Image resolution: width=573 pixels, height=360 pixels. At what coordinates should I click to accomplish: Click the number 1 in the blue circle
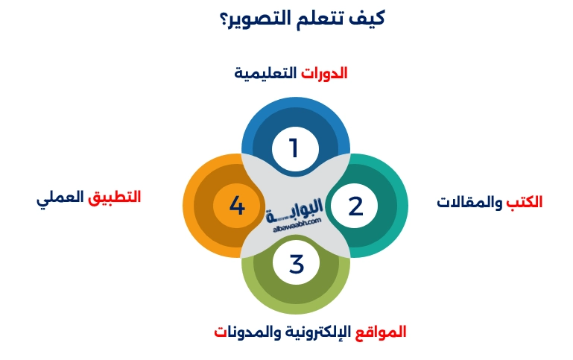[x=294, y=148]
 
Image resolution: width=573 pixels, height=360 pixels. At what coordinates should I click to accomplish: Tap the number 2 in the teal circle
[x=355, y=206]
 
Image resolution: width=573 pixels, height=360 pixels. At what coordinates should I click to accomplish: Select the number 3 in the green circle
[x=296, y=264]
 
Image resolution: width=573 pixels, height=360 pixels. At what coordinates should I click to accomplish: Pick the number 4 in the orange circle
[x=237, y=206]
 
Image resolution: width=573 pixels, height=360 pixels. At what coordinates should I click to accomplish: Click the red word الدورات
[x=324, y=73]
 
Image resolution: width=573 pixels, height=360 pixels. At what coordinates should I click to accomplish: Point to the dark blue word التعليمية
[x=266, y=73]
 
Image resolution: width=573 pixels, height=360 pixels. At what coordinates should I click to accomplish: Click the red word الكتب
[x=525, y=202]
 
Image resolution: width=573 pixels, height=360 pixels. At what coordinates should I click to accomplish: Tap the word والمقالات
[x=469, y=202]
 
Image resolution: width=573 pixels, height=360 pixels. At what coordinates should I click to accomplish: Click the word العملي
[x=60, y=199]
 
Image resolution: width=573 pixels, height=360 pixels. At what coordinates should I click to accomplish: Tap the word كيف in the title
[x=369, y=18]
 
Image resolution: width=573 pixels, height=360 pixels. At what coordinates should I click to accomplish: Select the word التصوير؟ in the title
[x=254, y=19]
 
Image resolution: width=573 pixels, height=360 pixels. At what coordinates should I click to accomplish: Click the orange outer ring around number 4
[x=189, y=206]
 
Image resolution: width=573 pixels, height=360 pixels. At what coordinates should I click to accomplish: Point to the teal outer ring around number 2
[x=402, y=206]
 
